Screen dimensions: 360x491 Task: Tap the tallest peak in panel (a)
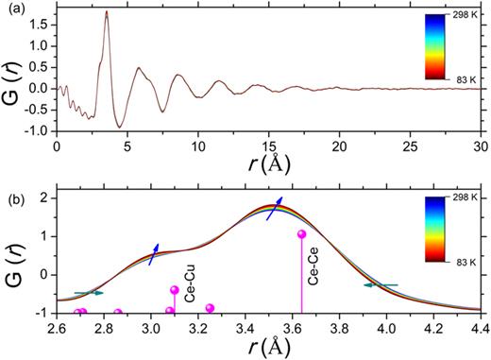(x=106, y=12)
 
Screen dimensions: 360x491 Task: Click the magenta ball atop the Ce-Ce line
(x=302, y=234)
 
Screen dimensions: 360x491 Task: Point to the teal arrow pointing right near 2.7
(x=89, y=293)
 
